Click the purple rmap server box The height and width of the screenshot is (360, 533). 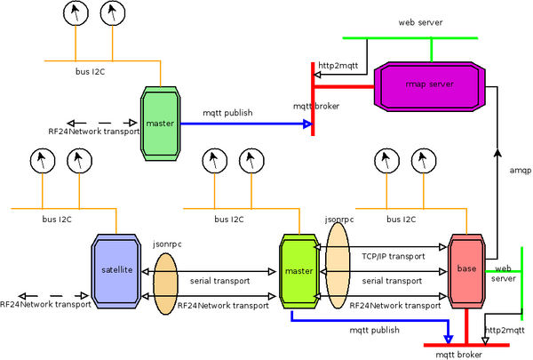coord(429,84)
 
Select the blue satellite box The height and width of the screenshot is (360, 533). coord(116,269)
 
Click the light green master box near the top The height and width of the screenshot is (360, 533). coord(161,123)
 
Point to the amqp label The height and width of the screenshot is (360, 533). coord(521,170)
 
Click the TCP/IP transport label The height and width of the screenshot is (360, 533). coord(391,255)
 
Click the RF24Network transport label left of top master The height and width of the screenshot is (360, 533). coord(93,132)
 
